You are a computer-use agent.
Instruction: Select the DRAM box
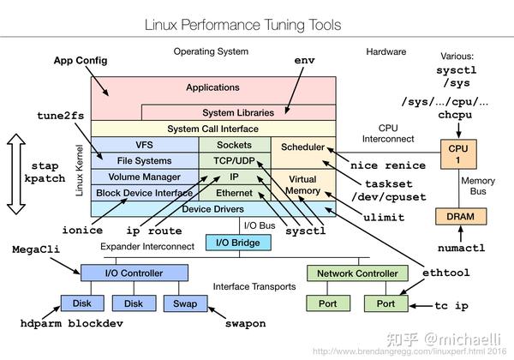pos(459,217)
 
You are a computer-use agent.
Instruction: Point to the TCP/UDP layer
pos(234,160)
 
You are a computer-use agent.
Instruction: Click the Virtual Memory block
pos(302,183)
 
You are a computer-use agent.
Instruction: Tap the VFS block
pos(144,146)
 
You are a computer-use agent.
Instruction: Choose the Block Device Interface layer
pos(144,194)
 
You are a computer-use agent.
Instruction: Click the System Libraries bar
pos(237,112)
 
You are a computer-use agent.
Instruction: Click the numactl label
pos(460,249)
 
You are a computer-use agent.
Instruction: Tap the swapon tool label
pos(245,324)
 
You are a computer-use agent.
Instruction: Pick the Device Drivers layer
pos(212,209)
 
